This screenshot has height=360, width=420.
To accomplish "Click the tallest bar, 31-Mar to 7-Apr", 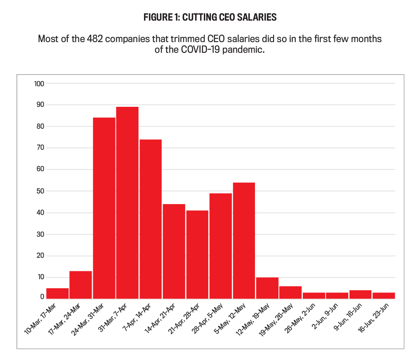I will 127,202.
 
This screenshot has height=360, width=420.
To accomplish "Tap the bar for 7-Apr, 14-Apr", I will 151,219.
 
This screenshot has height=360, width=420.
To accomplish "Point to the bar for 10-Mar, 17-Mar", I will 57,293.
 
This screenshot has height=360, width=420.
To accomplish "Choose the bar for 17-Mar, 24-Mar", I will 80,285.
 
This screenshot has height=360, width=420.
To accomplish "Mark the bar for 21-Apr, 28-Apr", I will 197,254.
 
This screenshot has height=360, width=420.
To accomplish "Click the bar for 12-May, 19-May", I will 267,288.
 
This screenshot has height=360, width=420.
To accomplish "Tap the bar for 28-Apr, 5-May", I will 220,245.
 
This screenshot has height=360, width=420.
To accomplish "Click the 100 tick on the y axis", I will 39,84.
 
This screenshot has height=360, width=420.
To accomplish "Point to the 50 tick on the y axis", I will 40,191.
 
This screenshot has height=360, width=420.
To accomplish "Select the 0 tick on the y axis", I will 42,297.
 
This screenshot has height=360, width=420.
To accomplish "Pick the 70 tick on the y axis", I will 40,148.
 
